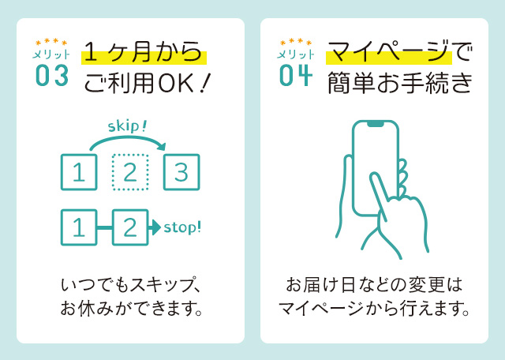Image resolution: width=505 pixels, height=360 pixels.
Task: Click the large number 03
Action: click(52, 75)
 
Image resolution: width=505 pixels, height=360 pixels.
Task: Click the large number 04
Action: click(296, 75)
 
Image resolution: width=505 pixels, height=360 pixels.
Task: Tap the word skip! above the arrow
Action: click(127, 126)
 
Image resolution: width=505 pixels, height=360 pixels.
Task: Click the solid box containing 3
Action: click(181, 172)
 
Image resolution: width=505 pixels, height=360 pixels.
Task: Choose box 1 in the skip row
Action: click(79, 172)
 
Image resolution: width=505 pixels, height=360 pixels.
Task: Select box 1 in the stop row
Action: click(79, 228)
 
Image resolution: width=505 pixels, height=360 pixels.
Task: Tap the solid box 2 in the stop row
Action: click(129, 228)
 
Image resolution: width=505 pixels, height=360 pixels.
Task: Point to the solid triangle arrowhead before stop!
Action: click(155, 228)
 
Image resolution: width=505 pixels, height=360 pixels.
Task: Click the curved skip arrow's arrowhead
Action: click(162, 147)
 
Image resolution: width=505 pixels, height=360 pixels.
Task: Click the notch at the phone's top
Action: click(375, 125)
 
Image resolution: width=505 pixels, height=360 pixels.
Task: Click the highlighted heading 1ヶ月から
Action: click(143, 54)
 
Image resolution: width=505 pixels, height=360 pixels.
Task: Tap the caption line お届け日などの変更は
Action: click(374, 283)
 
